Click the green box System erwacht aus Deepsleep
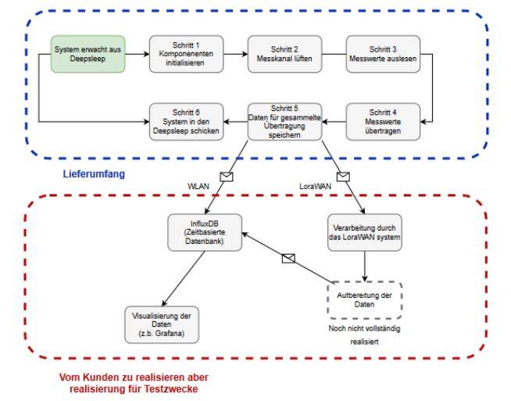[x=87, y=54]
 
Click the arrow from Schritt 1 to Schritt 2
[x=235, y=54]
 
